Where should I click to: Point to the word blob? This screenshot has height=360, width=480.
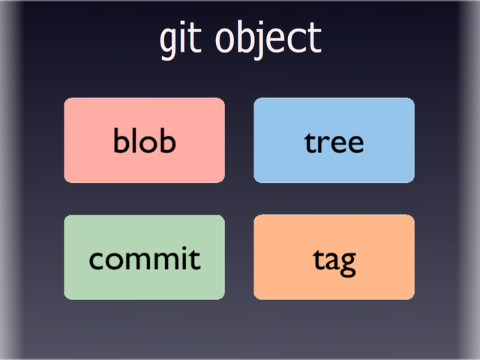[144, 140]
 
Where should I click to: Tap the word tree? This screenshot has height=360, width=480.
[334, 142]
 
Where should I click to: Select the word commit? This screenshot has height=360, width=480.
[145, 259]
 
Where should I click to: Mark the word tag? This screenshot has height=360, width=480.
[334, 260]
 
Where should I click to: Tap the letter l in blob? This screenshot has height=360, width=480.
[135, 139]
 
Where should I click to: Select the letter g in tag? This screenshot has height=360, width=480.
[346, 263]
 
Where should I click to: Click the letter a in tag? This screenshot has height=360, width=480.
[331, 260]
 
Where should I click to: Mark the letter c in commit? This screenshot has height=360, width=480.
[96, 260]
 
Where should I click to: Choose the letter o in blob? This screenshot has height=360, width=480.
[148, 142]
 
